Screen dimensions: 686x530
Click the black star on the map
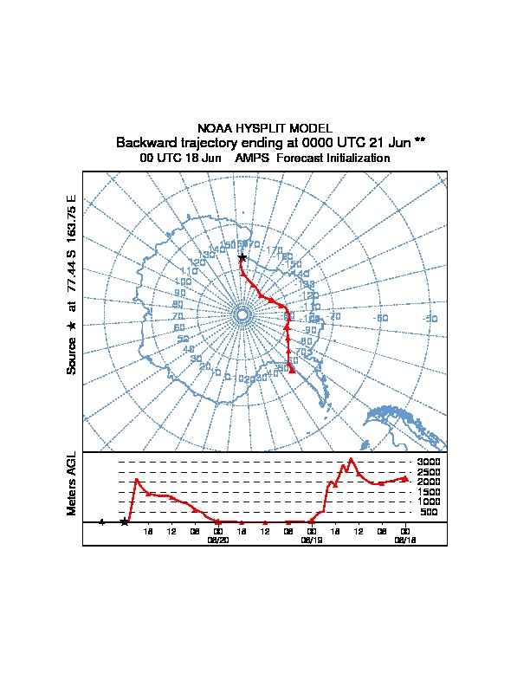click(x=242, y=258)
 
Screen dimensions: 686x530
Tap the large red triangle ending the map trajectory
click(x=293, y=370)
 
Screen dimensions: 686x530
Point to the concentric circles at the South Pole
click(x=242, y=314)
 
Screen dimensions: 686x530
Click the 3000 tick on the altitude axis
click(x=429, y=462)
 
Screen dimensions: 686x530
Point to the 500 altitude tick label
click(x=429, y=512)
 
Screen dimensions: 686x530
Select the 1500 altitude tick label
click(x=429, y=492)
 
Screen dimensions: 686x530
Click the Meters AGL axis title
click(x=73, y=484)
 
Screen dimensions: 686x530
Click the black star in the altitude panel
click(x=125, y=521)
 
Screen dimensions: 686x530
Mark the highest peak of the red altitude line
click(x=352, y=459)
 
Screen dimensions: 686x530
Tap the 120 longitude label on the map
click(x=197, y=262)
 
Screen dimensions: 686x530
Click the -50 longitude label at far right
click(x=430, y=319)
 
